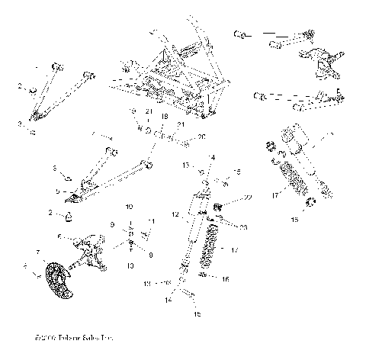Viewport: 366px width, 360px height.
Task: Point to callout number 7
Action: coord(38,251)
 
